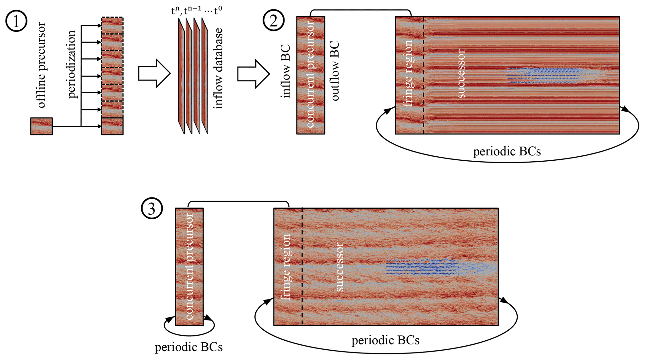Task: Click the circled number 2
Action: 273,20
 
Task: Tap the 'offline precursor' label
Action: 41,65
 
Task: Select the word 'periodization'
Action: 71,64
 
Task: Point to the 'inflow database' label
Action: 218,68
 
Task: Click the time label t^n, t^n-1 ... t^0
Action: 197,11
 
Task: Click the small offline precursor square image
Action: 42,126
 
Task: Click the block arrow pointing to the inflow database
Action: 154,73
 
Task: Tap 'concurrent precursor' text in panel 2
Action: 310,74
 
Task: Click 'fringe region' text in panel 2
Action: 408,74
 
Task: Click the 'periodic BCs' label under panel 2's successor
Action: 507,152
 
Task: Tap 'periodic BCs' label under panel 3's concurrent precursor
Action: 188,347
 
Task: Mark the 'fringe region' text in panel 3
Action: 286,267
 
